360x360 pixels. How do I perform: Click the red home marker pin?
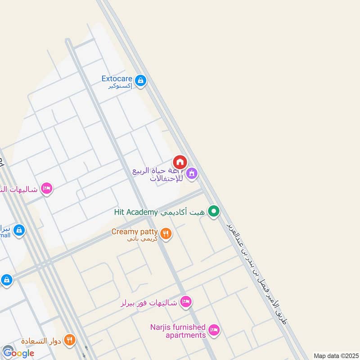pyautogui.click(x=180, y=162)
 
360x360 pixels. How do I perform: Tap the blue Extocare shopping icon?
pyautogui.click(x=141, y=81)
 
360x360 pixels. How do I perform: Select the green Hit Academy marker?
pyautogui.click(x=215, y=211)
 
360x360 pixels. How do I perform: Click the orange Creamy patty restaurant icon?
pyautogui.click(x=166, y=233)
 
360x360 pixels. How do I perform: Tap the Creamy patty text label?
pyautogui.click(x=135, y=232)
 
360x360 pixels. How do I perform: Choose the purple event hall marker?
pyautogui.click(x=192, y=173)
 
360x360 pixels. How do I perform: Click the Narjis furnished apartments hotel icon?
pyautogui.click(x=215, y=331)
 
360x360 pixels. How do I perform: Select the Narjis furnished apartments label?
pyautogui.click(x=178, y=331)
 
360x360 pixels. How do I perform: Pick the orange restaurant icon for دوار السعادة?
pyautogui.click(x=70, y=339)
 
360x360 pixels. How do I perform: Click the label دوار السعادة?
pyautogui.click(x=42, y=340)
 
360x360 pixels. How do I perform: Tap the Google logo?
pyautogui.click(x=18, y=353)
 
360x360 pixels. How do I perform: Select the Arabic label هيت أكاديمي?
pyautogui.click(x=185, y=212)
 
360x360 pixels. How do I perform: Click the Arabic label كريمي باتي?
pyautogui.click(x=142, y=239)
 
